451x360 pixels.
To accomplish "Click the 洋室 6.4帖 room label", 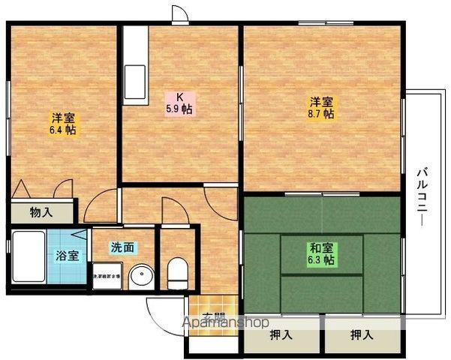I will click(63, 124).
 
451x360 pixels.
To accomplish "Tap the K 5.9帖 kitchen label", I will click(179, 102).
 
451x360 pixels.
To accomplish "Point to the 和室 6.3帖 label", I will click(322, 253).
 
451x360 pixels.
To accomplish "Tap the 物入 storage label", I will click(41, 212).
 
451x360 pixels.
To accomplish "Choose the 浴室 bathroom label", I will click(67, 255).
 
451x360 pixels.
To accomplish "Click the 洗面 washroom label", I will click(123, 247).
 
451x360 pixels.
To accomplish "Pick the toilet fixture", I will click(178, 271).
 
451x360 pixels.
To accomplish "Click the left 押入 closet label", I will click(281, 335).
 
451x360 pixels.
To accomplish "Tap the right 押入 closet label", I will click(362, 335).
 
